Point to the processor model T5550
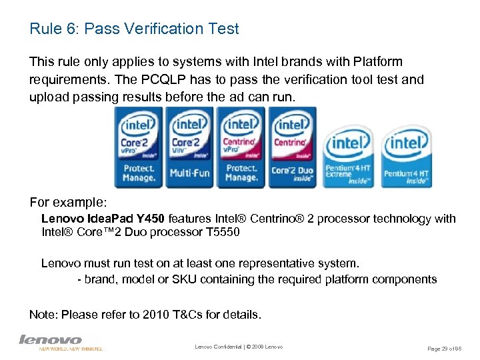(x=216, y=233)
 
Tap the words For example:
(x=63, y=201)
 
